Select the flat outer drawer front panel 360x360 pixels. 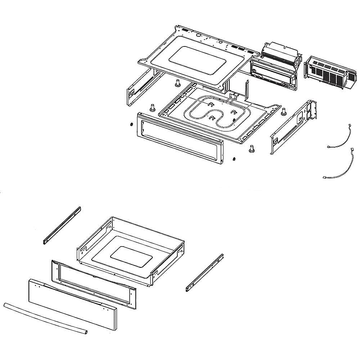(x=72, y=304)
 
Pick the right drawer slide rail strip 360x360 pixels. (x=204, y=273)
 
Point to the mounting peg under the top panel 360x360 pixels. (x=177, y=83)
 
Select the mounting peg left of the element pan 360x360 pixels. (x=152, y=107)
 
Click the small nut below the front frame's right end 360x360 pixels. (x=234, y=159)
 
